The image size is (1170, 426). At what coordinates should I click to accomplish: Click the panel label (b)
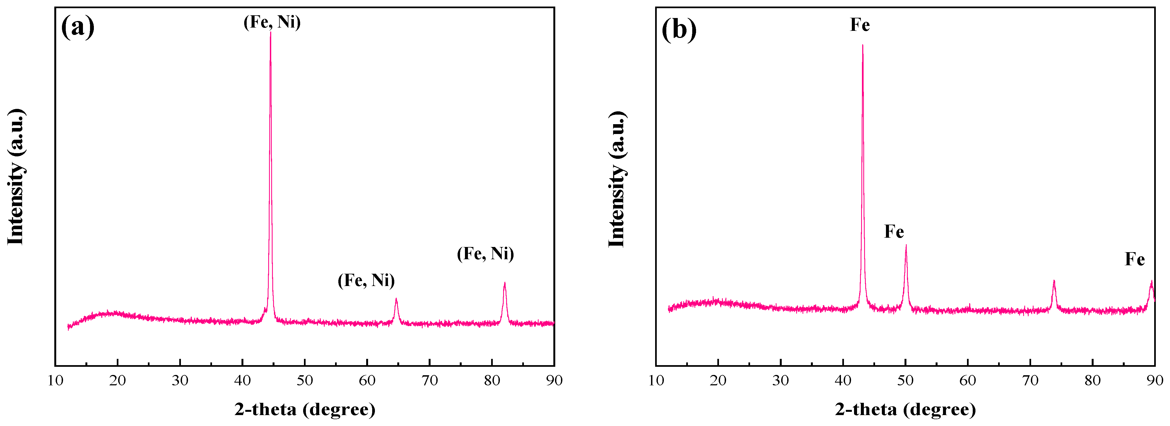pos(679,30)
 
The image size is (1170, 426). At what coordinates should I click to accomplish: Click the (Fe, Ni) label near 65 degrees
pos(366,280)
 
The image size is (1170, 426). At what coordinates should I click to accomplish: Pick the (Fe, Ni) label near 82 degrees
pos(485,254)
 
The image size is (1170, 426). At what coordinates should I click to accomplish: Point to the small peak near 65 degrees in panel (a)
pos(396,300)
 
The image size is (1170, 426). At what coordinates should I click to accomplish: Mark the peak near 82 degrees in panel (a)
pos(505,284)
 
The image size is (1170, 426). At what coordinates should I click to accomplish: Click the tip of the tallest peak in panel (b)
pos(862,45)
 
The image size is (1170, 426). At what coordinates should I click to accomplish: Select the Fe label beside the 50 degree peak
pos(894,232)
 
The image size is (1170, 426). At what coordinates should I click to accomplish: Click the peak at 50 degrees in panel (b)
pos(906,246)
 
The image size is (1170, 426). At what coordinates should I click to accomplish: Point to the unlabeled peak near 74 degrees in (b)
pos(1054,282)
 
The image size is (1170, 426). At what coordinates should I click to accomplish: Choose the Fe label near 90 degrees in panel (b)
pos(1135,259)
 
